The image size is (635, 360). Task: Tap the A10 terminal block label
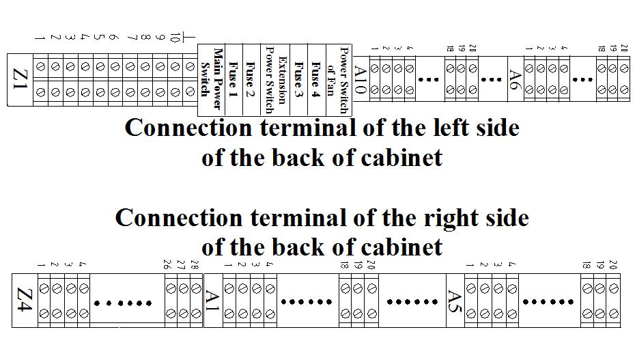point(361,79)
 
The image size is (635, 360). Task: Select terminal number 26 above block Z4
point(167,264)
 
